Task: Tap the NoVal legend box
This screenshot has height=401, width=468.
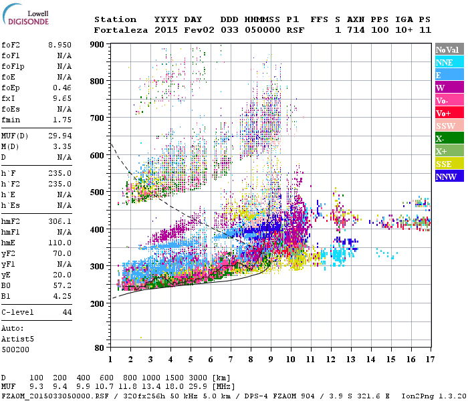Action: [x=447, y=49]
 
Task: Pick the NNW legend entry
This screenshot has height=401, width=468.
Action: [x=445, y=176]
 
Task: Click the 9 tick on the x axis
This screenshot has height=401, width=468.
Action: [x=271, y=360]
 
